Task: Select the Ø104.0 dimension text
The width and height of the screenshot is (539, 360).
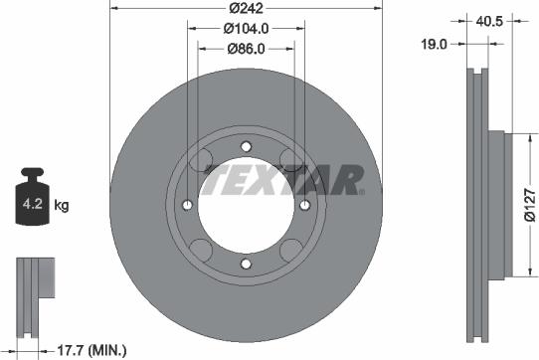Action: click(x=245, y=27)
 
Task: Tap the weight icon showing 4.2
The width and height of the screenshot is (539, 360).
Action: click(x=32, y=203)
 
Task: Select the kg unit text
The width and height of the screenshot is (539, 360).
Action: click(x=62, y=207)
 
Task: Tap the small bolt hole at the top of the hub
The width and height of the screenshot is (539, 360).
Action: click(x=245, y=145)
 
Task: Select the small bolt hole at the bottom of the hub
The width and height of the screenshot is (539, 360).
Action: click(x=245, y=263)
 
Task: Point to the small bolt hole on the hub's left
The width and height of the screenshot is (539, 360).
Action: click(x=187, y=204)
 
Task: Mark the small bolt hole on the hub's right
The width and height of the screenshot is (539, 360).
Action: click(x=302, y=204)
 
